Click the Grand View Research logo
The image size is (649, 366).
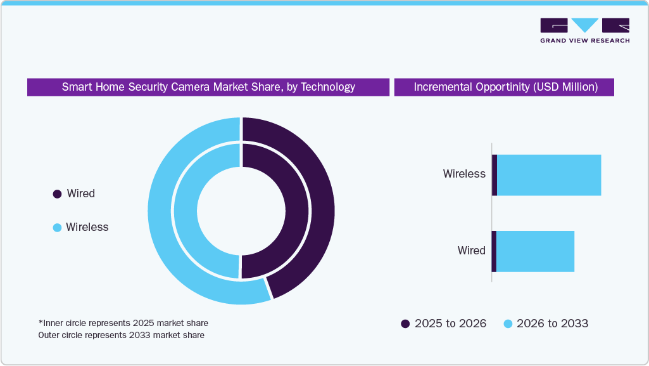[584, 30]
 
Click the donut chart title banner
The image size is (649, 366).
[208, 87]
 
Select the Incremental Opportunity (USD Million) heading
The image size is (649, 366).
[505, 87]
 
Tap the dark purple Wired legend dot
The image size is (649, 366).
[57, 194]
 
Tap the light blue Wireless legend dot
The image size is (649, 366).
[57, 227]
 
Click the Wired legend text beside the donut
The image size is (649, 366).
[80, 194]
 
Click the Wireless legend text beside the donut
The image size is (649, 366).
[87, 227]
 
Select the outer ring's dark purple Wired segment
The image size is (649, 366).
[320, 203]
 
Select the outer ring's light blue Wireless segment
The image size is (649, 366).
[161, 209]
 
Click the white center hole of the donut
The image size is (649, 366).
[241, 211]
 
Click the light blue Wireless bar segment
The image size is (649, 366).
[548, 175]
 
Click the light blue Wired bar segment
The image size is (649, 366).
[535, 251]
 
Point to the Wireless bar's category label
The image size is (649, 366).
[464, 174]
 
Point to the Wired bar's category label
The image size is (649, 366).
[471, 251]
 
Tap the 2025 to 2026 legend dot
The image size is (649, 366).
[405, 324]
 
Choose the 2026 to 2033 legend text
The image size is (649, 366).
[552, 324]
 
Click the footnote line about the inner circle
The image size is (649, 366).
[123, 323]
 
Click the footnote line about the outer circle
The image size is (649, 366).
[121, 335]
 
